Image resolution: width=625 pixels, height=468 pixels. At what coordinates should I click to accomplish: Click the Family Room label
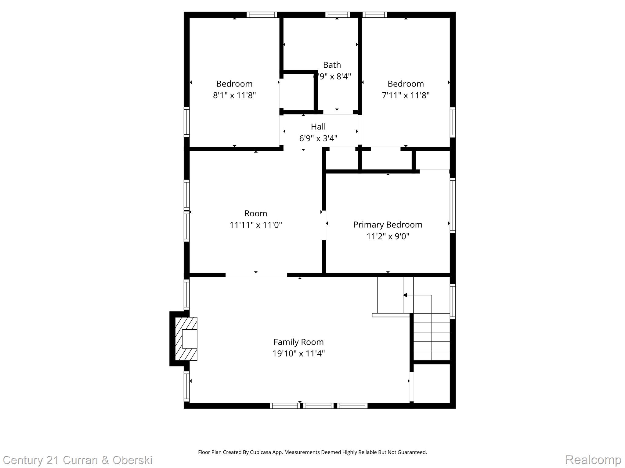pyautogui.click(x=298, y=342)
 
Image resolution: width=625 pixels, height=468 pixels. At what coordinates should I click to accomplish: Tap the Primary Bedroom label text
pyautogui.click(x=388, y=225)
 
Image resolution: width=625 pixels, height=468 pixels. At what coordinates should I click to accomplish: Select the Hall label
pyautogui.click(x=318, y=126)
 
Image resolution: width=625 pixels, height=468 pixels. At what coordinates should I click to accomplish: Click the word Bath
pyautogui.click(x=332, y=65)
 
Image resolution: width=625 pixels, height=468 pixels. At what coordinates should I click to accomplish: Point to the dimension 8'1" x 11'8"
pyautogui.click(x=234, y=95)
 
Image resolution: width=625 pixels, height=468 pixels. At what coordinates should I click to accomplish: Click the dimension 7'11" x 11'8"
pyautogui.click(x=406, y=95)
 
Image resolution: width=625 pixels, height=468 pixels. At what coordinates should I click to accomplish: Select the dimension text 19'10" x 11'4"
pyautogui.click(x=298, y=353)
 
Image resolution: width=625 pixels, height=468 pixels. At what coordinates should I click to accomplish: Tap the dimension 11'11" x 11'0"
pyautogui.click(x=255, y=225)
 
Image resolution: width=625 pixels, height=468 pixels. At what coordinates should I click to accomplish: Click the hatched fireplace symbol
pyautogui.click(x=186, y=339)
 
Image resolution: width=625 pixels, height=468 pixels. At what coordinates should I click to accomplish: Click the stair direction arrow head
pyautogui.click(x=405, y=295)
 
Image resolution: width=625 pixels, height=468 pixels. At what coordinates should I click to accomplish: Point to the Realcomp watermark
pyautogui.click(x=593, y=459)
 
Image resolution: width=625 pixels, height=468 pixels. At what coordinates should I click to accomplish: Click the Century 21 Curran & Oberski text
pyautogui.click(x=78, y=460)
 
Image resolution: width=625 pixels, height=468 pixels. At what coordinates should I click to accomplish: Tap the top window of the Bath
pyautogui.click(x=337, y=15)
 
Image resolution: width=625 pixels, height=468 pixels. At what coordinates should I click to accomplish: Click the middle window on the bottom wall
pyautogui.click(x=318, y=406)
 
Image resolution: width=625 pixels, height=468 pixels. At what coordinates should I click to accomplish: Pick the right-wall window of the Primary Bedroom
pyautogui.click(x=453, y=205)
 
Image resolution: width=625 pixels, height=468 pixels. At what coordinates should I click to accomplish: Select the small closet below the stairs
pyautogui.click(x=431, y=383)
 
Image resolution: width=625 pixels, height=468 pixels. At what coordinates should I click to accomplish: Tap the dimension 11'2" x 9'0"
pyautogui.click(x=388, y=236)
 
